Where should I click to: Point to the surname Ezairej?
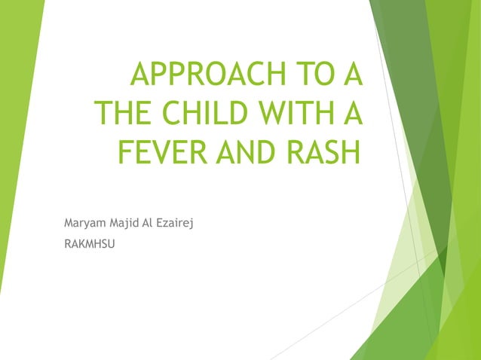[x=177, y=223]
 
